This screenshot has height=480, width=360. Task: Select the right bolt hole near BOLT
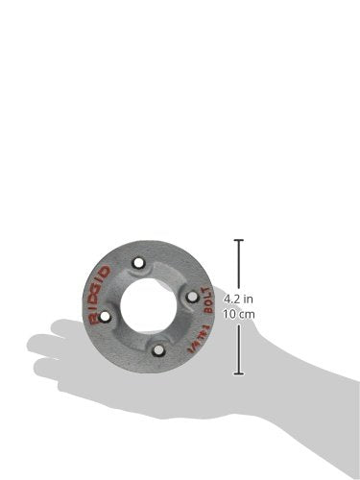click(191, 297)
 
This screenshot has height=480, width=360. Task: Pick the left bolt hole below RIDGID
click(106, 315)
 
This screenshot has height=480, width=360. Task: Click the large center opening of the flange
click(148, 305)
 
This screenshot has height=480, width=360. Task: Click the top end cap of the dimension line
click(238, 240)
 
